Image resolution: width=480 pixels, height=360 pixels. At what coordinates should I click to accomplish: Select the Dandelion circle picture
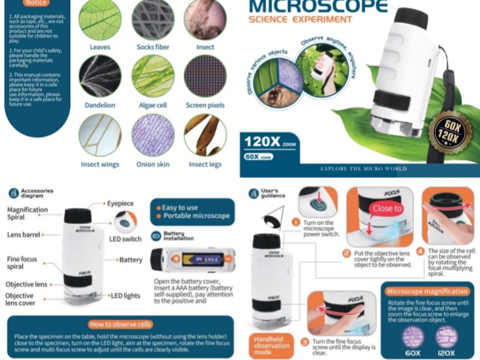click(x=100, y=76)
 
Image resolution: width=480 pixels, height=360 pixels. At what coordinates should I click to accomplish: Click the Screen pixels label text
click(x=205, y=105)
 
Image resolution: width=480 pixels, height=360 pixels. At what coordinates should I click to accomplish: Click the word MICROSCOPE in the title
click(x=318, y=6)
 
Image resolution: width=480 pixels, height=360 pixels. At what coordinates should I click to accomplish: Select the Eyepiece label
click(x=121, y=204)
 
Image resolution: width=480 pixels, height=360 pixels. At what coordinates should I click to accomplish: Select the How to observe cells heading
click(x=121, y=325)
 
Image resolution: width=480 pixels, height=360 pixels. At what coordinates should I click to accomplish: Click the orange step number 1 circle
click(x=295, y=223)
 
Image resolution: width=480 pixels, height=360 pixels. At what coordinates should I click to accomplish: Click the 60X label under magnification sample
click(x=413, y=353)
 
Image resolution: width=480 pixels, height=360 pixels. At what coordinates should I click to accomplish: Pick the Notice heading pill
click(x=35, y=3)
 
